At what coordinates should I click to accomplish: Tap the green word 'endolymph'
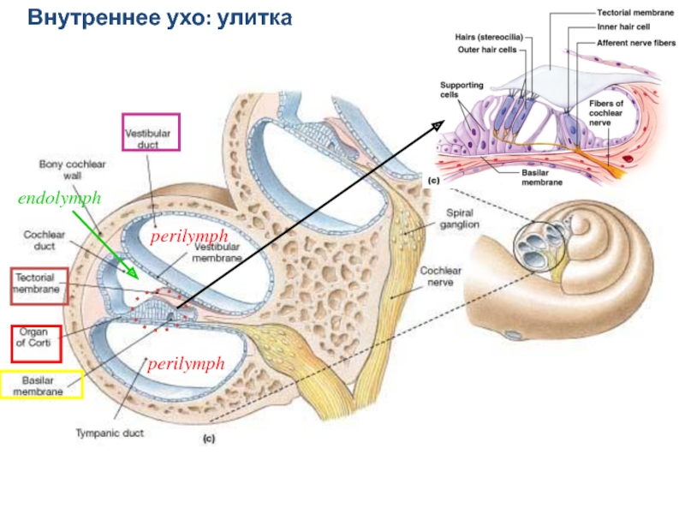click(60, 198)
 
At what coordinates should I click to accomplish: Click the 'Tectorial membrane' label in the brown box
click(38, 284)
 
